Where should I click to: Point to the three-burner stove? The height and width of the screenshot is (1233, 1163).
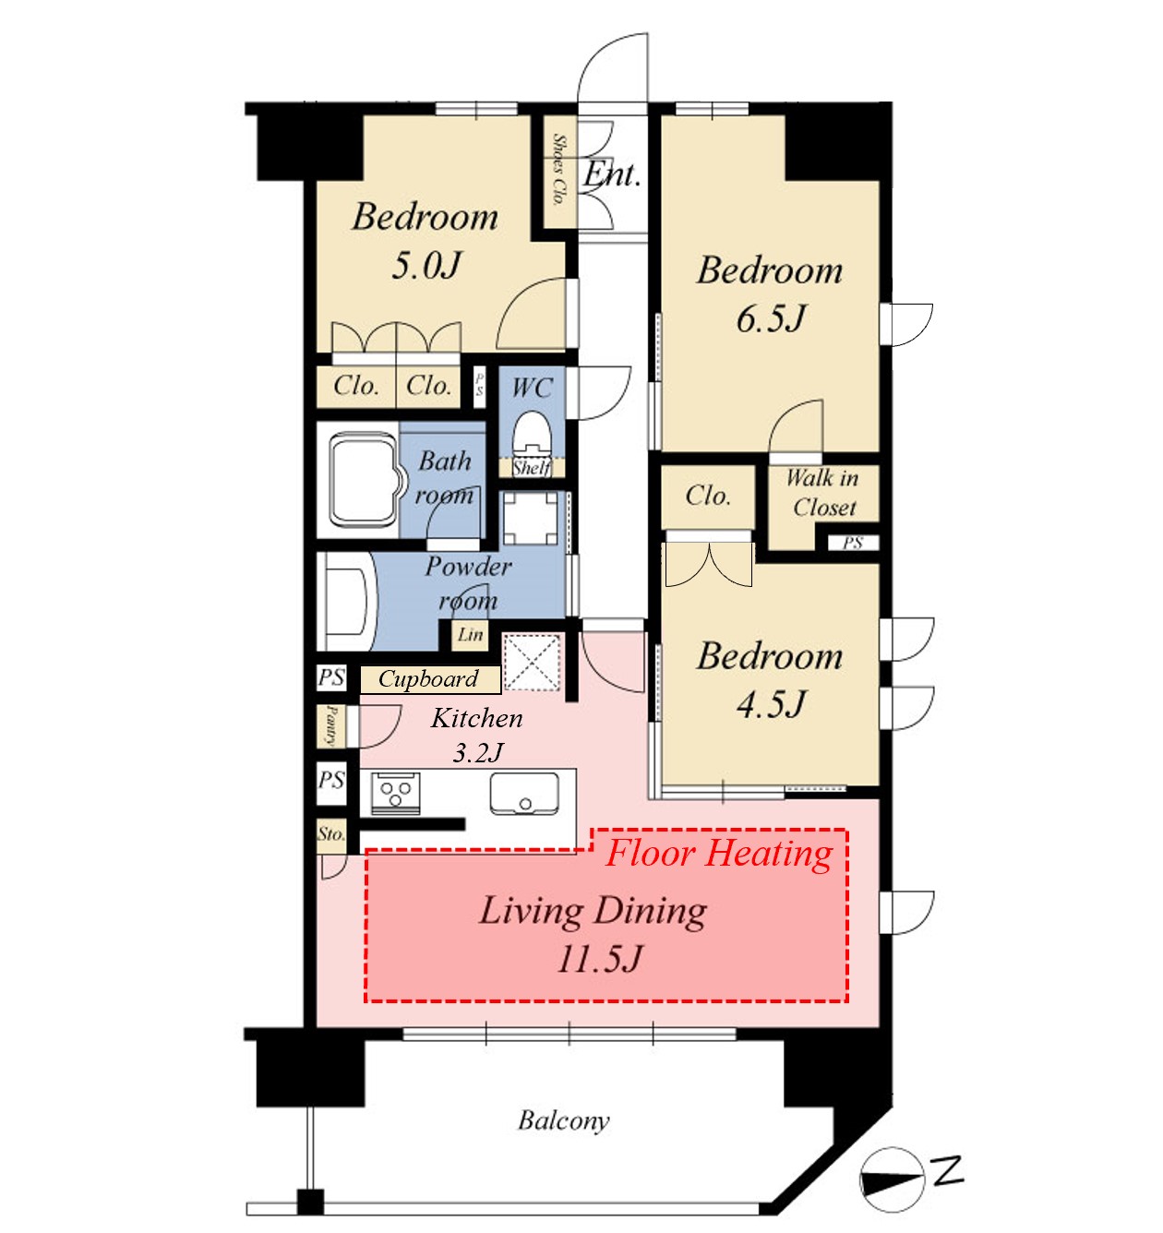point(396,793)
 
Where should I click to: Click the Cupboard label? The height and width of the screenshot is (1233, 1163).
point(428,678)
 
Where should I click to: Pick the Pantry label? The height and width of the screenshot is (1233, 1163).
point(330,724)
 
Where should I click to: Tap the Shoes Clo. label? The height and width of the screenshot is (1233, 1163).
point(558,169)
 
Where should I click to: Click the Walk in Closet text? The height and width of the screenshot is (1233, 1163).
point(823,492)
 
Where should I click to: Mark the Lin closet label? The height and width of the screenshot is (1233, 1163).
point(470,635)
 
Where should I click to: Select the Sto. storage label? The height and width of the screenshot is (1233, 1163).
point(331,833)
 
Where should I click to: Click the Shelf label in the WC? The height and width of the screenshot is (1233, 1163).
point(533,468)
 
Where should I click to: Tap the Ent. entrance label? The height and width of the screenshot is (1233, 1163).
point(612,174)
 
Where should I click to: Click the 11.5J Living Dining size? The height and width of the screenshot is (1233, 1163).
point(598,960)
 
